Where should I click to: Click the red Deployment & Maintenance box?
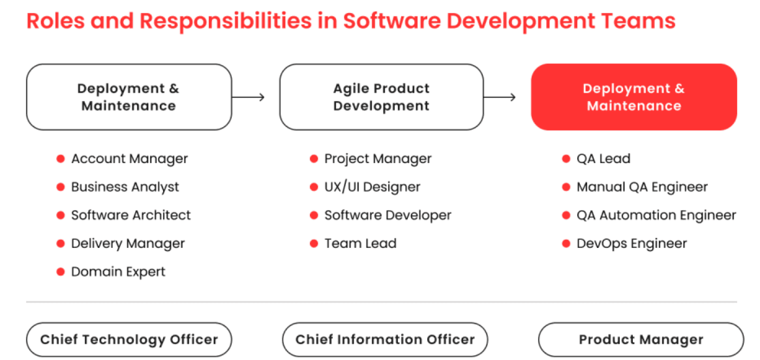click(x=634, y=97)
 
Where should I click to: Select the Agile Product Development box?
click(x=382, y=97)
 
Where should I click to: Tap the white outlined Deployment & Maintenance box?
click(x=129, y=97)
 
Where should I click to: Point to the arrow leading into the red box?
click(x=500, y=97)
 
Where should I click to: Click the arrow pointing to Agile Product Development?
click(x=248, y=97)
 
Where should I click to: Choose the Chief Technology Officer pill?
click(x=129, y=340)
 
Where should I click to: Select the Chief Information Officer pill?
click(x=385, y=340)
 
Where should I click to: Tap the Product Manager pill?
click(x=641, y=340)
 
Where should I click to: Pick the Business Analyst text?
click(x=125, y=187)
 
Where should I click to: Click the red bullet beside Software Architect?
click(x=61, y=215)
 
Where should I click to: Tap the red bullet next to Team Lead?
click(x=314, y=243)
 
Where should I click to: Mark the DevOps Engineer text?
click(x=631, y=243)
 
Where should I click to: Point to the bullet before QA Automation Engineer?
click(x=566, y=215)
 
